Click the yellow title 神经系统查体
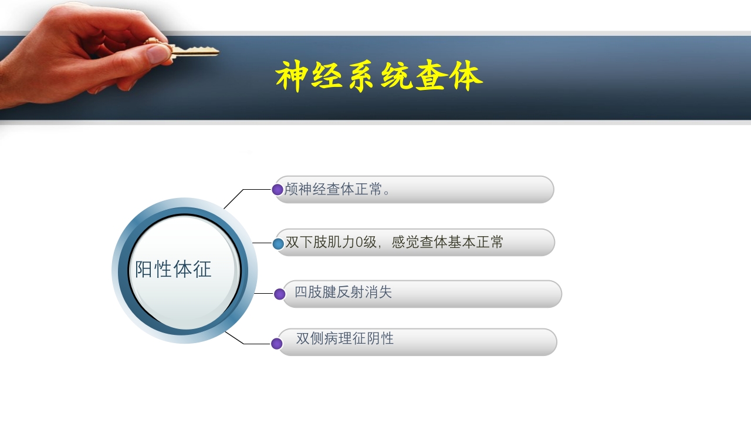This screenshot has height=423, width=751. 379,76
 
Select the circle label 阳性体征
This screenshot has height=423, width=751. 173,270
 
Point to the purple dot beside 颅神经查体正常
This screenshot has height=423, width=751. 278,190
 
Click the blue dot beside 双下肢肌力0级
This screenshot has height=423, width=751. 278,243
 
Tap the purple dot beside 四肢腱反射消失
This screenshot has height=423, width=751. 279,294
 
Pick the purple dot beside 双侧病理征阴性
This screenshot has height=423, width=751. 277,344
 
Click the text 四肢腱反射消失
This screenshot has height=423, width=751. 343,292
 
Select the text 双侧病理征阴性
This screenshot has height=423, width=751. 345,339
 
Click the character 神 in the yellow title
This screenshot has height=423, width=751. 292,76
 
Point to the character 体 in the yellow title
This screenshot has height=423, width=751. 467,76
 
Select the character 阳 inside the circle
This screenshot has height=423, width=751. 144,270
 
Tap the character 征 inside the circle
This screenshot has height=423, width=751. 202,270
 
